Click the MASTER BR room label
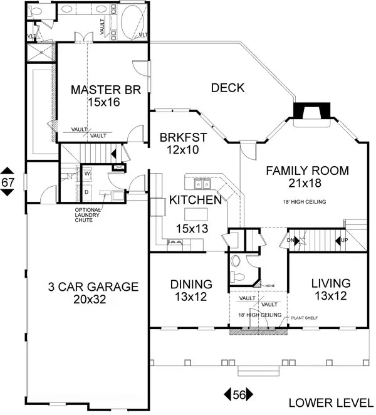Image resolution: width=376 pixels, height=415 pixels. (x=100, y=89)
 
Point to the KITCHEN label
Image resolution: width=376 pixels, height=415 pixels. (x=195, y=201)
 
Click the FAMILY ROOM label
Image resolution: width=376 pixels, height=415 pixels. (x=307, y=170)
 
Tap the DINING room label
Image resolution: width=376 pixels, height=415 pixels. (x=191, y=284)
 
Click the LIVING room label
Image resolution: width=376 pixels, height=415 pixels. (x=330, y=282)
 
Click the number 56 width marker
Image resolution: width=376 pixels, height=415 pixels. (x=239, y=394)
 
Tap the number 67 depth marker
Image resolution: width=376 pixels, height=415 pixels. (x=8, y=182)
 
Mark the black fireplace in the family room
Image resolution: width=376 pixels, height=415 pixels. (x=311, y=112)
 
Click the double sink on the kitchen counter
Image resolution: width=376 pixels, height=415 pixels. (x=202, y=184)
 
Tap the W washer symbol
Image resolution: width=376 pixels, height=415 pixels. (x=87, y=172)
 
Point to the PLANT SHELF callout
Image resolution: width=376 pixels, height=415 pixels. (x=303, y=318)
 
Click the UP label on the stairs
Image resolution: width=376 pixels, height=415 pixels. (x=345, y=241)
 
